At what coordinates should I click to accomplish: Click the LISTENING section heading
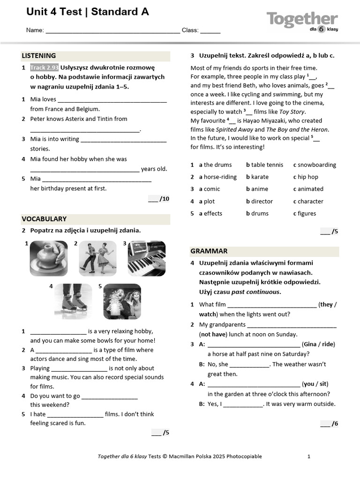click(x=39, y=56)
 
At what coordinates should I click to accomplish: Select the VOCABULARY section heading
click(x=44, y=219)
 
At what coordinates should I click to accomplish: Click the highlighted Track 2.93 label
click(x=44, y=67)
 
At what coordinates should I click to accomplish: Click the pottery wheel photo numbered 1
click(x=49, y=258)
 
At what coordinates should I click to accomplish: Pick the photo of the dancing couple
click(x=97, y=258)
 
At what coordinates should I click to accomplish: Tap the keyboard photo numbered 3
click(x=146, y=258)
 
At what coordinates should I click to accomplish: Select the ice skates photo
click(x=73, y=301)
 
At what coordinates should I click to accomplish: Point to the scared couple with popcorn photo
click(x=122, y=301)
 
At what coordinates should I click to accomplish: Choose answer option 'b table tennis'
click(x=264, y=165)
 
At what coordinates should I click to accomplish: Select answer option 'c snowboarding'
click(x=315, y=165)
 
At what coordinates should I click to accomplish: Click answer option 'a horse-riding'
click(x=217, y=177)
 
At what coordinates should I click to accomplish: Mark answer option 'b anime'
click(x=257, y=189)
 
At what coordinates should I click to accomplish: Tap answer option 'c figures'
click(x=305, y=214)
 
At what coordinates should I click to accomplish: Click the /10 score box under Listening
click(x=158, y=199)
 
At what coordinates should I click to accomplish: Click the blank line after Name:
click(x=112, y=30)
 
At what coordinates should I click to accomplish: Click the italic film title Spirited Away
click(x=234, y=129)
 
